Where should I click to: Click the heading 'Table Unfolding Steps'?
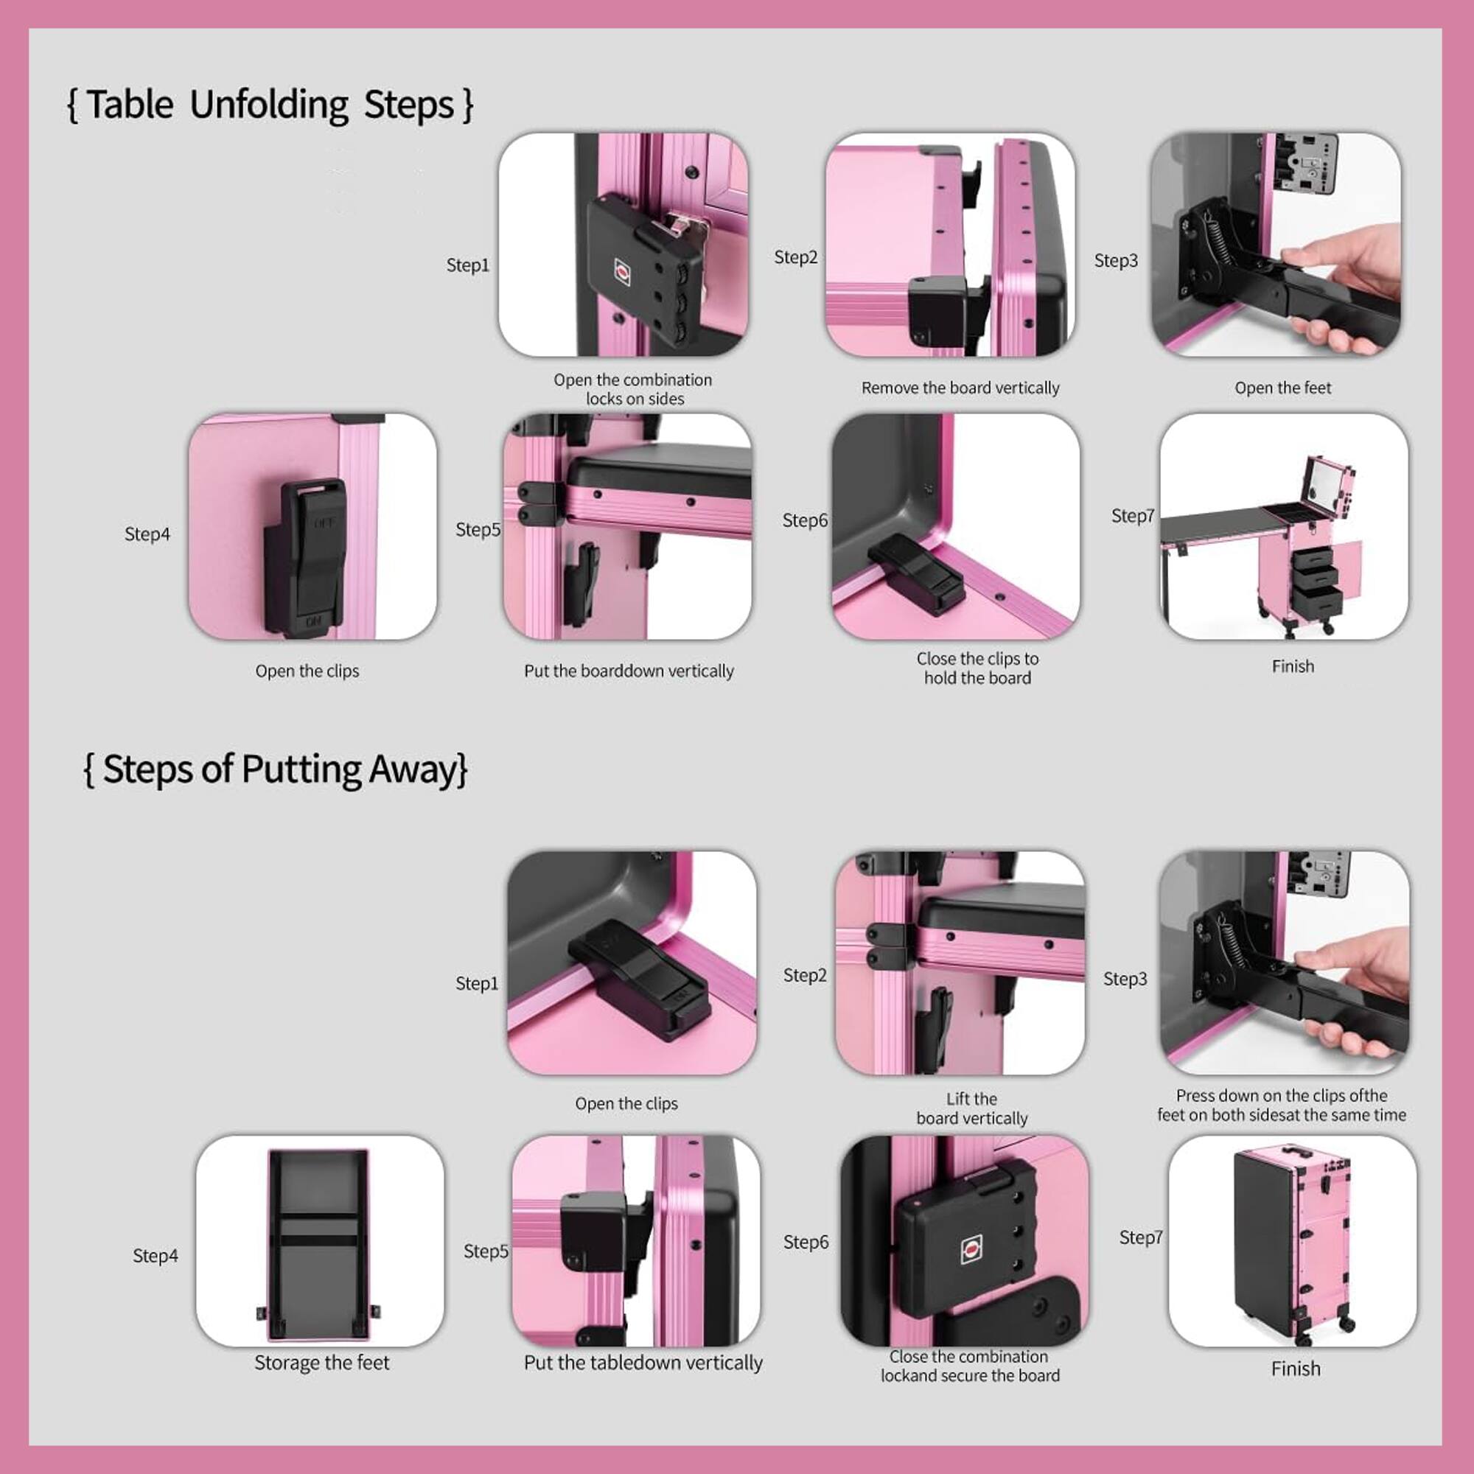pos(270,105)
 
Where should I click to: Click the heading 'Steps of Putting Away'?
pos(275,769)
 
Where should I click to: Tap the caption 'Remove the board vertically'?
pos(960,388)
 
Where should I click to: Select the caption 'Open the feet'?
pos(1282,388)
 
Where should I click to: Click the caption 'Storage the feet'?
pos(321,1362)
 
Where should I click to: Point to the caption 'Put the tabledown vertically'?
pos(643,1362)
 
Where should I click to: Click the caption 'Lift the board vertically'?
pos(971,1108)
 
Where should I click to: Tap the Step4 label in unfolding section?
pos(147,534)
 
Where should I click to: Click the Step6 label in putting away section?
pos(805,1241)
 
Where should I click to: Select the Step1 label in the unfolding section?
pos(467,265)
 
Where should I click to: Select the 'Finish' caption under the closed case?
pos(1295,1368)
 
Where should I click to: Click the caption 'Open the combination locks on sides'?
pos(633,389)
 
